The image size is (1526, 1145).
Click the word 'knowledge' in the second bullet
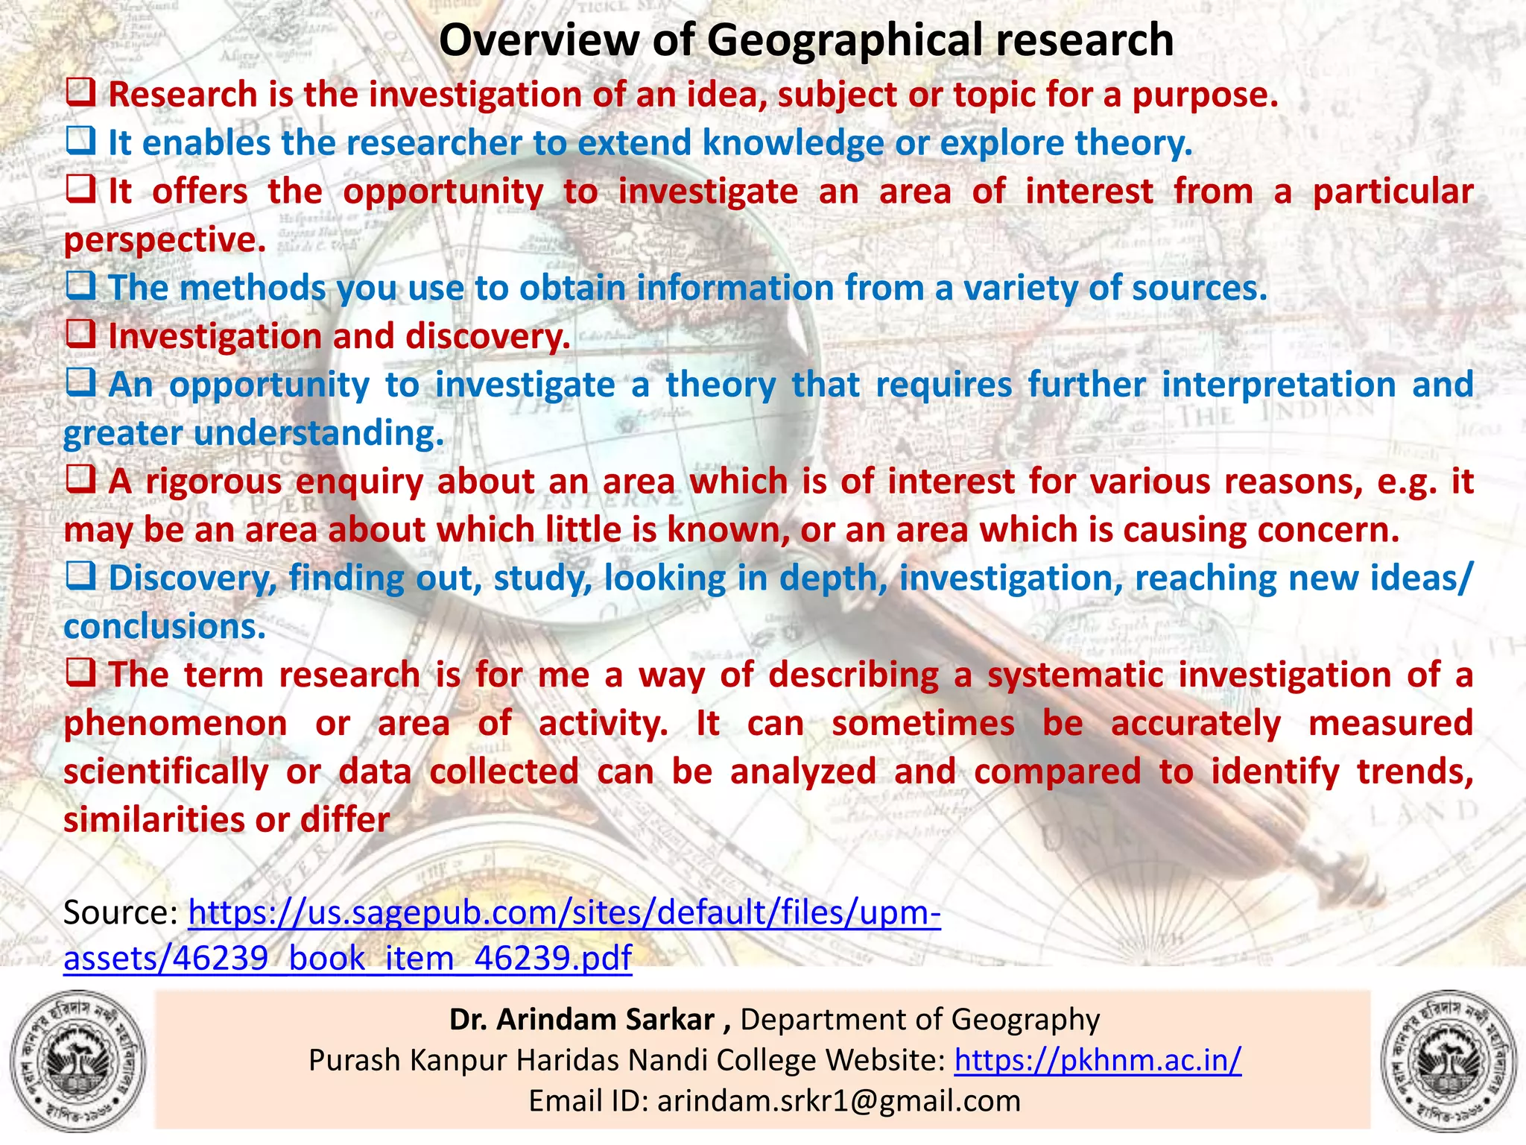tap(793, 143)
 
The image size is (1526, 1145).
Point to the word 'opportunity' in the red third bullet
tap(443, 192)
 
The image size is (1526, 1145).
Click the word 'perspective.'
tap(165, 240)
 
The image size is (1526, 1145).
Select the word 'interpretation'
tap(1279, 385)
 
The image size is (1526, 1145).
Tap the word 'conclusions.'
tap(165, 627)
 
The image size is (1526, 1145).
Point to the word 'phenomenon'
tap(175, 724)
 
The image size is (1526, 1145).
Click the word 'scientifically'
tap(165, 772)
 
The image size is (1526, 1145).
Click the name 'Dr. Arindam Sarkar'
tap(581, 1020)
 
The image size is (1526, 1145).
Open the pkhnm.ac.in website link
tap(1098, 1060)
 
